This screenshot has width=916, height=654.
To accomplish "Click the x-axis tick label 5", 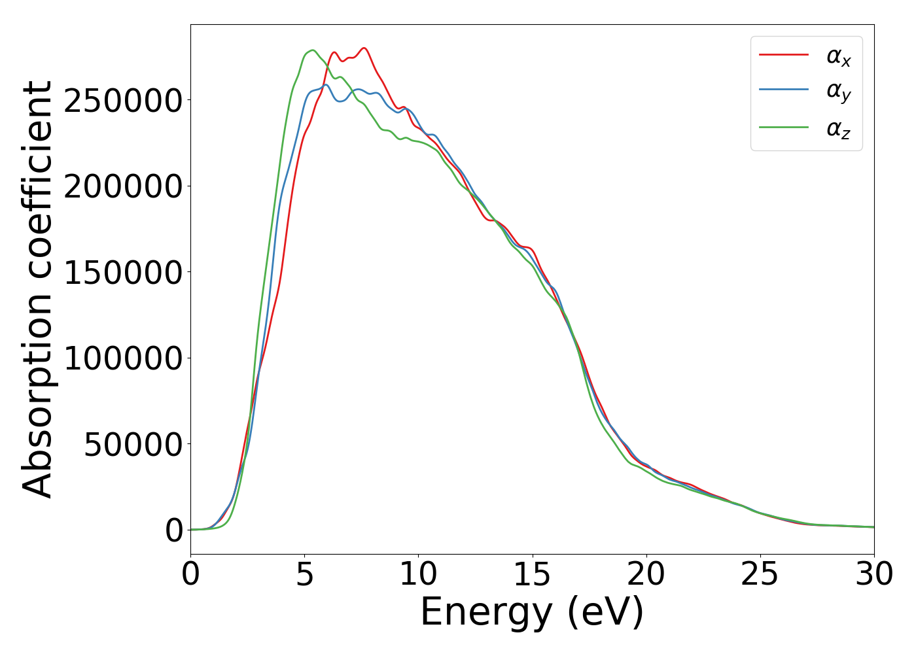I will click(x=304, y=575).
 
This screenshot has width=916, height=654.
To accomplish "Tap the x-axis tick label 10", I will click(x=418, y=575).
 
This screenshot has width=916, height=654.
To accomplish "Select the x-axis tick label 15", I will click(x=532, y=575).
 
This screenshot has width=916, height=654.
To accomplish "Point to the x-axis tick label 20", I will click(x=646, y=575).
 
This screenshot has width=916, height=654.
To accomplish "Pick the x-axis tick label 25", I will click(x=760, y=575).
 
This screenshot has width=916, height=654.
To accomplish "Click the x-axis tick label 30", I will click(x=873, y=575).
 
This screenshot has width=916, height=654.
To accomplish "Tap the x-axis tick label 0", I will click(x=190, y=575).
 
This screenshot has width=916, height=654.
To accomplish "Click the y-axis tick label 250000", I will click(x=122, y=101).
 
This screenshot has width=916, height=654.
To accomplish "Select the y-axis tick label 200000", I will click(x=122, y=186).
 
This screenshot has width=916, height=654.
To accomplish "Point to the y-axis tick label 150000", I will click(x=122, y=273).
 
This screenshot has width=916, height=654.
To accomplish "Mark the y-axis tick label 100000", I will click(x=122, y=358).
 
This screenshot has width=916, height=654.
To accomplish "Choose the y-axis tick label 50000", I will click(x=132, y=445).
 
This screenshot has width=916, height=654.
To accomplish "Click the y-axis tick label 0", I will click(x=174, y=530).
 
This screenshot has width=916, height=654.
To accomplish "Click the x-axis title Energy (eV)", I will click(x=532, y=613).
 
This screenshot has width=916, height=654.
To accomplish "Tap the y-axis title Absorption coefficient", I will click(x=37, y=289).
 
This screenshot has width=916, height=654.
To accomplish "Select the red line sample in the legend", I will click(x=783, y=55).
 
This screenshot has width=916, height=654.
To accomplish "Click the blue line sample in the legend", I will click(x=783, y=90).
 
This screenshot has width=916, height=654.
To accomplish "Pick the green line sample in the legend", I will click(x=783, y=127).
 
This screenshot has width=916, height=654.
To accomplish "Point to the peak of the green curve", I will click(x=312, y=50).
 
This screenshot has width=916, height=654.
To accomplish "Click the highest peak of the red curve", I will click(x=364, y=48).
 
